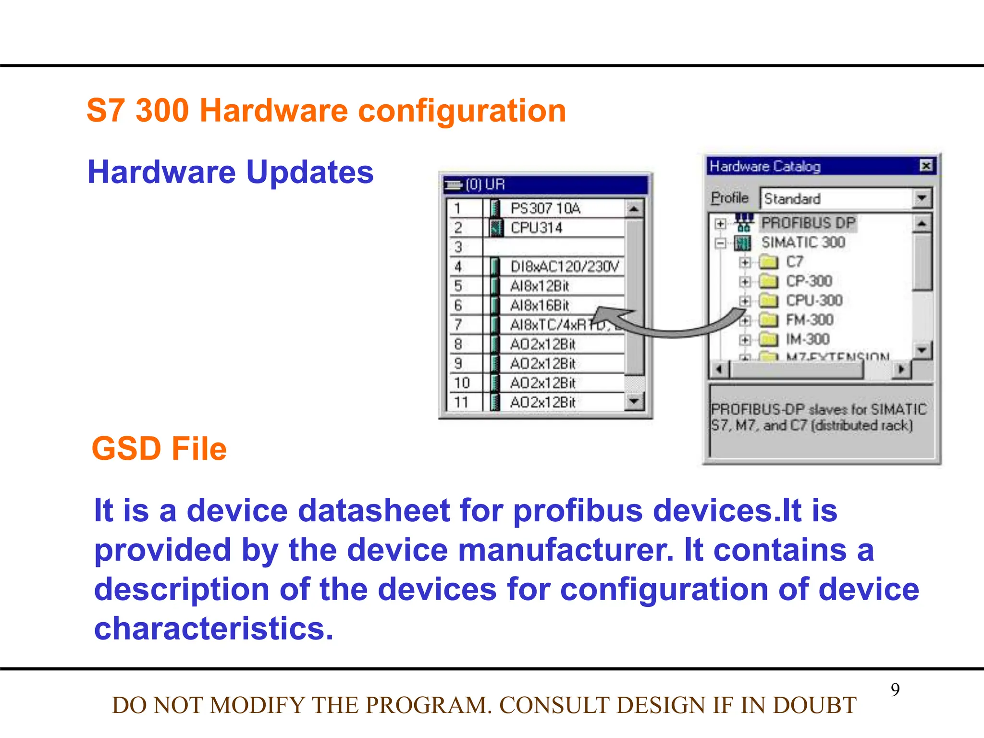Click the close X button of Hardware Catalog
(x=926, y=166)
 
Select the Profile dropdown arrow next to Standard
(x=921, y=198)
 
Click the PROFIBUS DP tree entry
(x=808, y=223)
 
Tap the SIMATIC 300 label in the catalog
(x=803, y=242)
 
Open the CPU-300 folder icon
(x=768, y=301)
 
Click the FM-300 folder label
(x=810, y=320)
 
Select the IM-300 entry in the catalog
(x=808, y=339)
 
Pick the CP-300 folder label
(x=809, y=281)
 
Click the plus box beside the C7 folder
(x=745, y=262)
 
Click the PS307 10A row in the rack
(x=545, y=209)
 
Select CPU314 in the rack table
(x=536, y=228)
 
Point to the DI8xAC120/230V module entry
(x=565, y=267)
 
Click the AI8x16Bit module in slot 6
(x=539, y=306)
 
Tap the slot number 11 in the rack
(x=461, y=402)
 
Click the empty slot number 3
(x=458, y=247)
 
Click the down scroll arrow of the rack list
(x=634, y=401)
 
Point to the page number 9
(x=895, y=689)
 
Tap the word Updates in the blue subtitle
(x=310, y=172)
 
